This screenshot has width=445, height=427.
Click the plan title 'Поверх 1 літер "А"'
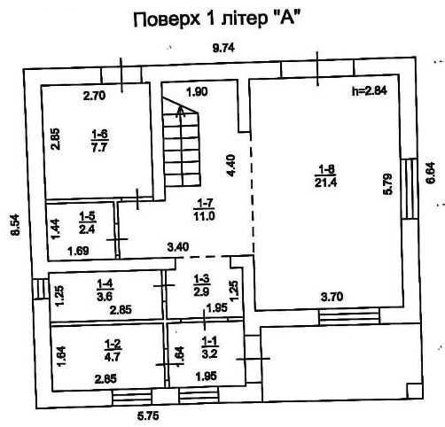pyautogui.click(x=215, y=20)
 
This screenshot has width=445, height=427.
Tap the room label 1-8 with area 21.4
pyautogui.click(x=325, y=176)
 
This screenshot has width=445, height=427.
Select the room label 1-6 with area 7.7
pyautogui.click(x=99, y=141)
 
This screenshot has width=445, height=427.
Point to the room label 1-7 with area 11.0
pyautogui.click(x=204, y=210)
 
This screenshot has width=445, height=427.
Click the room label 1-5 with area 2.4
pyautogui.click(x=87, y=222)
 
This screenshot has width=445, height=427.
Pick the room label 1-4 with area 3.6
pyautogui.click(x=105, y=291)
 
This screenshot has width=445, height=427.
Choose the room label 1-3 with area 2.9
pyautogui.click(x=202, y=285)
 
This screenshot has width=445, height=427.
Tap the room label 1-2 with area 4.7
pyautogui.click(x=113, y=350)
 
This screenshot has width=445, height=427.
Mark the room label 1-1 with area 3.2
pyautogui.click(x=209, y=347)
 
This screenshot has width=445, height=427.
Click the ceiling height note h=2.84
pyautogui.click(x=370, y=90)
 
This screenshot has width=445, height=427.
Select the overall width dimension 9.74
pyautogui.click(x=223, y=48)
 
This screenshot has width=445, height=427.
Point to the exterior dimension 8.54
pyautogui.click(x=15, y=225)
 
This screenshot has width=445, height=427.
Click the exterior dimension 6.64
pyautogui.click(x=431, y=173)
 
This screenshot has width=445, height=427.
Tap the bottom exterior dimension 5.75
pyautogui.click(x=148, y=415)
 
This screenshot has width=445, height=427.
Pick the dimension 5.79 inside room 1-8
pyautogui.click(x=387, y=184)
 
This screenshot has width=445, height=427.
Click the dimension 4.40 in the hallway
pyautogui.click(x=230, y=166)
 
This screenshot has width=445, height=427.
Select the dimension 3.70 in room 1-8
pyautogui.click(x=332, y=296)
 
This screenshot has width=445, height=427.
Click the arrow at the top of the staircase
pyautogui.click(x=181, y=113)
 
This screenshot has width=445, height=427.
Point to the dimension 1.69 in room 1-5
pyautogui.click(x=78, y=252)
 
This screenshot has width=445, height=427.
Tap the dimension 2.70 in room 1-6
pyautogui.click(x=94, y=96)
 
